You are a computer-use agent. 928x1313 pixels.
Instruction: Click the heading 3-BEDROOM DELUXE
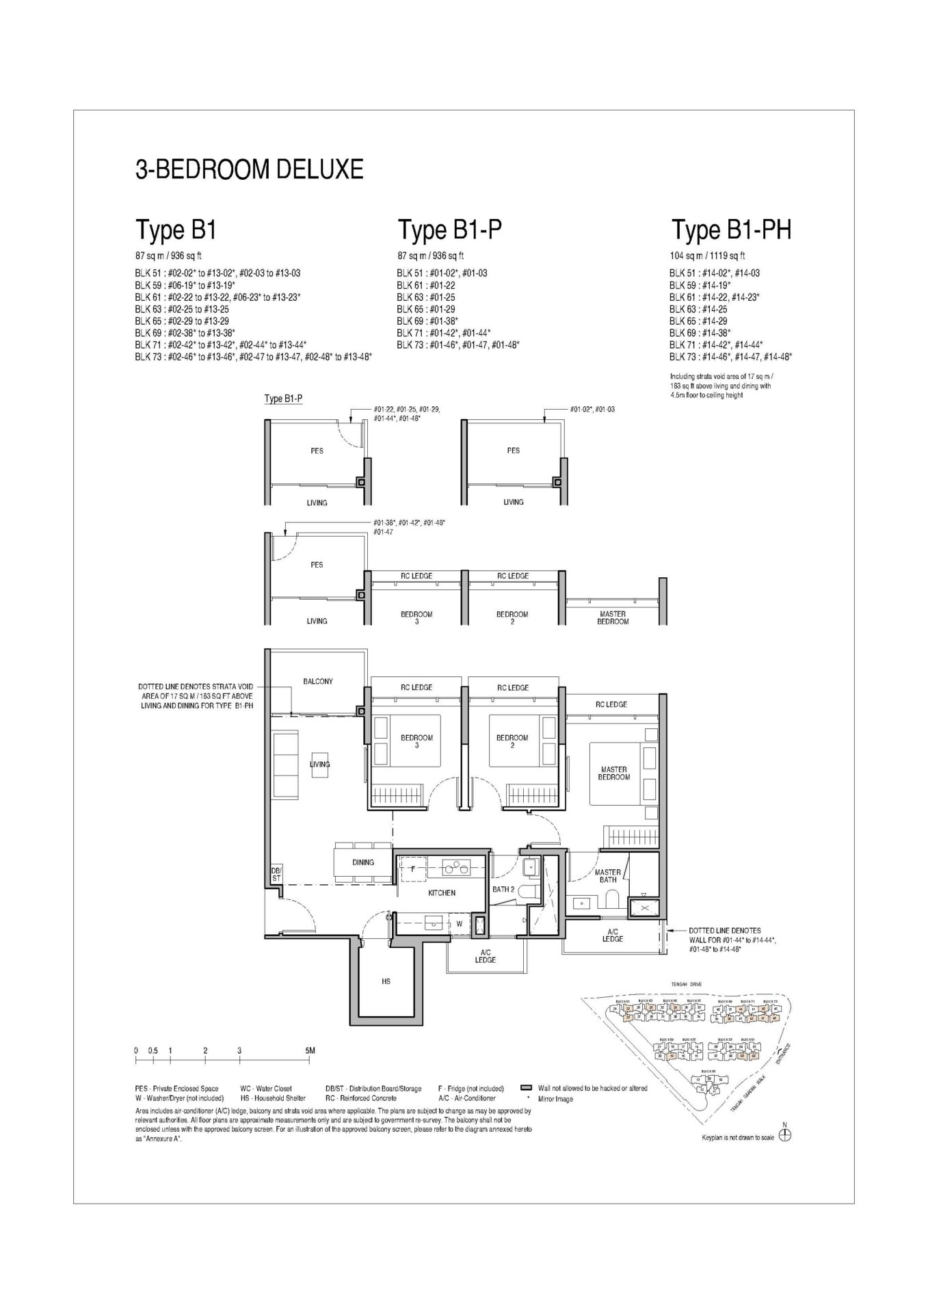pyautogui.click(x=249, y=169)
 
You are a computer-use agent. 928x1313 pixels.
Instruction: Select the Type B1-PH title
pyautogui.click(x=731, y=230)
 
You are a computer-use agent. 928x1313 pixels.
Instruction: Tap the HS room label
pyautogui.click(x=386, y=981)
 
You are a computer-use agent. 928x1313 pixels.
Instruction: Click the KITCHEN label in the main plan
pyautogui.click(x=442, y=892)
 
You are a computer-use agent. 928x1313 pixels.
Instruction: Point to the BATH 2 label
pyautogui.click(x=503, y=890)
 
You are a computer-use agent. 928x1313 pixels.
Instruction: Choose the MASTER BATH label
pyautogui.click(x=607, y=876)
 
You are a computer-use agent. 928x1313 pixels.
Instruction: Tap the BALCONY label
pyautogui.click(x=317, y=681)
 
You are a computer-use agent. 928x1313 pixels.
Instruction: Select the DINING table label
pyautogui.click(x=363, y=862)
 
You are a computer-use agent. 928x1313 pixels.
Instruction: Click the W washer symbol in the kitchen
pyautogui.click(x=460, y=924)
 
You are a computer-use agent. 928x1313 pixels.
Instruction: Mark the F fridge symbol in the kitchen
pyautogui.click(x=413, y=868)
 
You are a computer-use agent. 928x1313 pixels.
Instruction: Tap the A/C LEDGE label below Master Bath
pyautogui.click(x=612, y=936)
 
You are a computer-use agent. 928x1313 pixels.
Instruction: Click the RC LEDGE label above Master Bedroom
pyautogui.click(x=611, y=704)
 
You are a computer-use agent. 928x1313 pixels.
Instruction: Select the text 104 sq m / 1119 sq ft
pyautogui.click(x=707, y=256)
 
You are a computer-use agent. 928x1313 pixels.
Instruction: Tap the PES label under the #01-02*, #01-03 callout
pyautogui.click(x=513, y=450)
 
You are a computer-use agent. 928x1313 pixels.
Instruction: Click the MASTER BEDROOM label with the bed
pyautogui.click(x=613, y=773)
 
